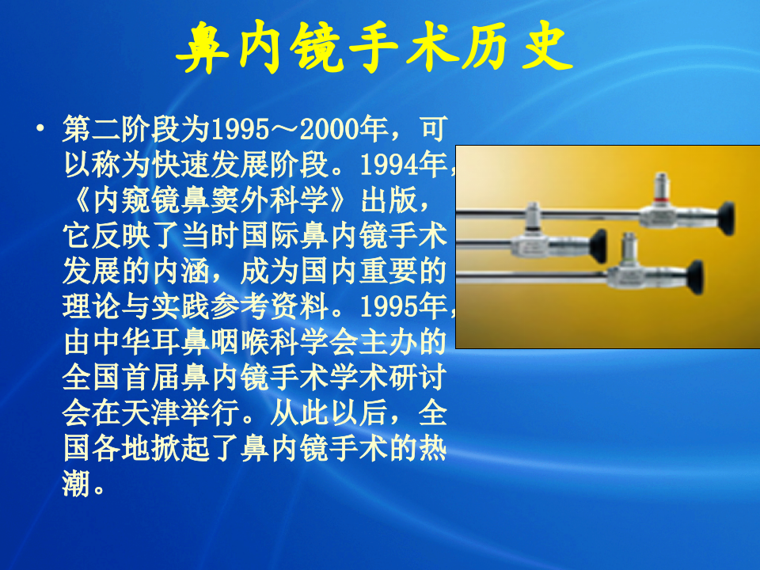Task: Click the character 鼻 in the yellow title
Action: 201,50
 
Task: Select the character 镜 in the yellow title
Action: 316,50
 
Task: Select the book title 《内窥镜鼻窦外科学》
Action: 207,200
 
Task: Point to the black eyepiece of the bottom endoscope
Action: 695,277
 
